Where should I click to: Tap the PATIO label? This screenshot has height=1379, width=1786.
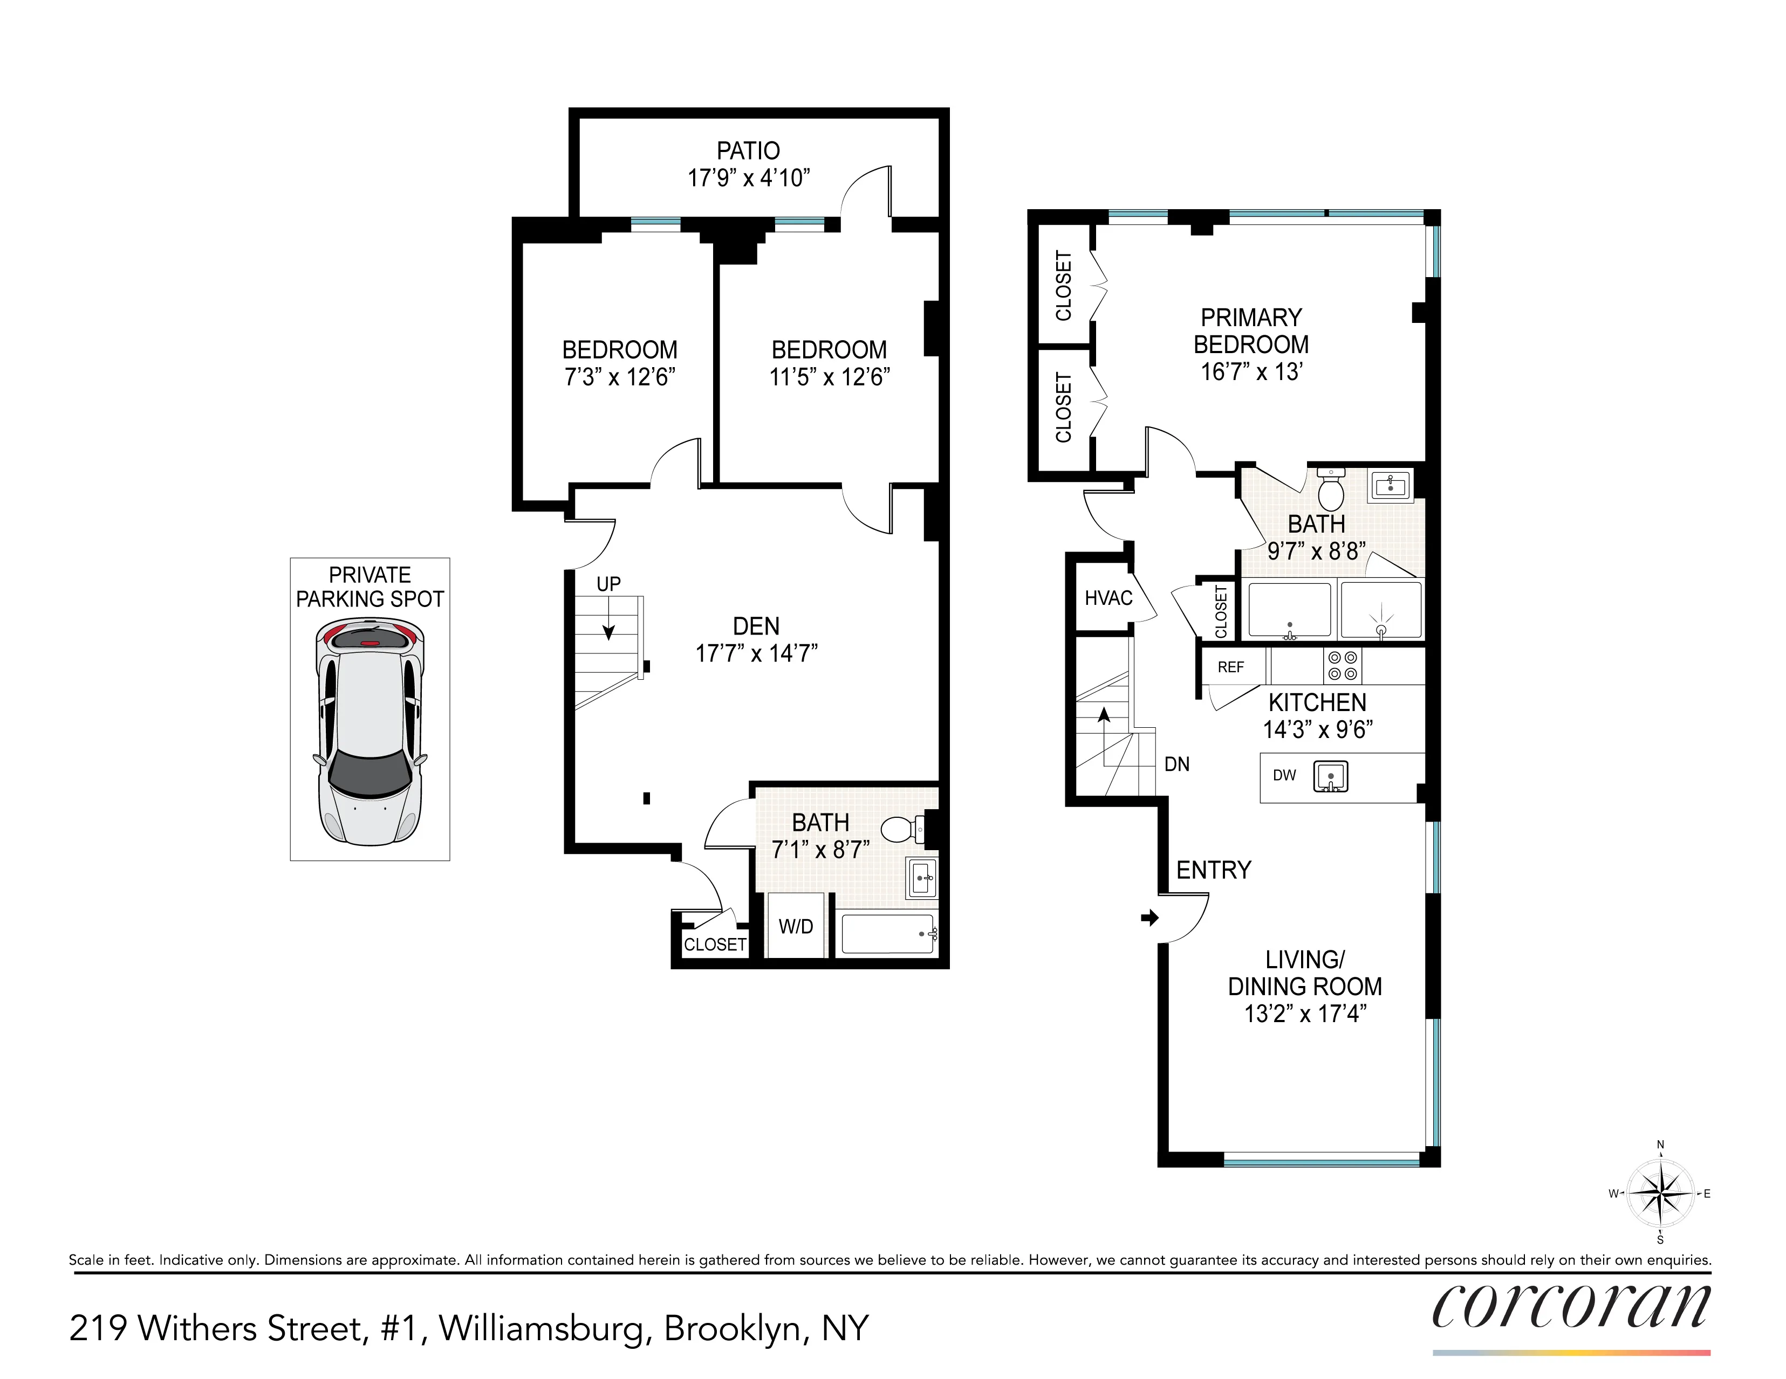pos(748,151)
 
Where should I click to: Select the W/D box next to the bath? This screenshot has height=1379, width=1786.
pos(796,926)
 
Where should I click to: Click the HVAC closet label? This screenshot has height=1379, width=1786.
pos(1108,598)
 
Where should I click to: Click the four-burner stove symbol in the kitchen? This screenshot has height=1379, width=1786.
pos(1342,665)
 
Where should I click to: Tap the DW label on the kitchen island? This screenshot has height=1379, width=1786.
pos(1284,775)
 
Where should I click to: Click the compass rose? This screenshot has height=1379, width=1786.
pos(1660,1194)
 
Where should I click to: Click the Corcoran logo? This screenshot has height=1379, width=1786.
pos(1570,1306)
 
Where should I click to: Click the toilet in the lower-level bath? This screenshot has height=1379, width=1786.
pos(900,830)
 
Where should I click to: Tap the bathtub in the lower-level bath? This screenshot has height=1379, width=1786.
pos(888,934)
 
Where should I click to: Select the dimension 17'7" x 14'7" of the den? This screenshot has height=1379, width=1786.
pos(756,653)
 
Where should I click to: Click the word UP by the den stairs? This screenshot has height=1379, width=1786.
pos(608,584)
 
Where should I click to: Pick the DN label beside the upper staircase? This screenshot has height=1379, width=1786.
pos(1177,764)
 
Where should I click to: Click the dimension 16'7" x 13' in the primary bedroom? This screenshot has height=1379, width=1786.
pos(1251,372)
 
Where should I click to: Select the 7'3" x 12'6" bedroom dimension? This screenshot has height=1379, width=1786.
pos(619,377)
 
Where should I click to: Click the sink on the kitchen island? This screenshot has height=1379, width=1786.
pos(1331,776)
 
